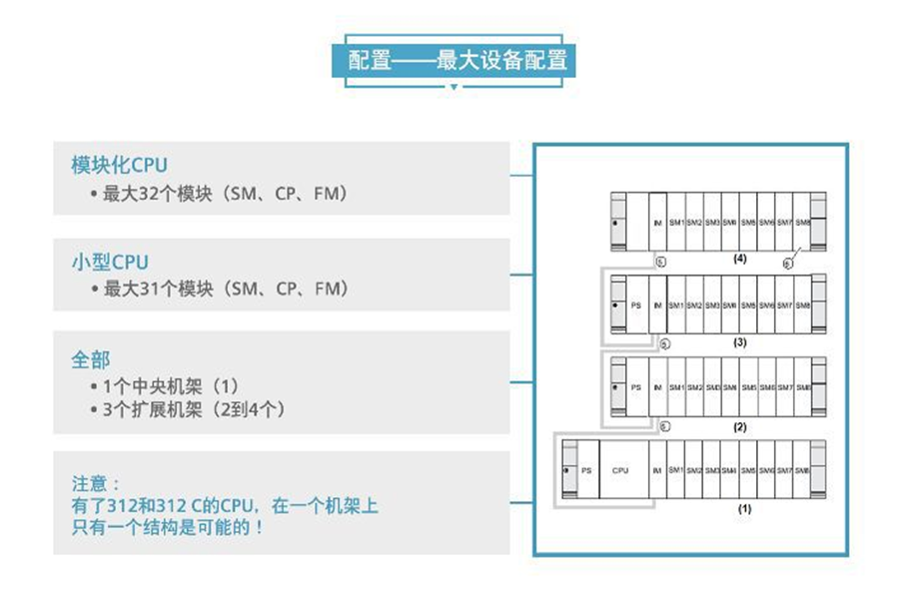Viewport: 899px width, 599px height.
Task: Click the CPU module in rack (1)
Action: pos(620,470)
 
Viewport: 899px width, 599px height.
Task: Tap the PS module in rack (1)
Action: pos(586,470)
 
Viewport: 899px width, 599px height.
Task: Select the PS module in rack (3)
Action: pos(635,303)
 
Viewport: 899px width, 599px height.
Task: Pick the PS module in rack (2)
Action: pos(635,387)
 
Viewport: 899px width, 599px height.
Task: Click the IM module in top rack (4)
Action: pos(656,221)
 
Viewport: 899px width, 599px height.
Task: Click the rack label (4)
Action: pos(739,259)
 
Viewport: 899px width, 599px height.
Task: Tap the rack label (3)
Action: pos(739,341)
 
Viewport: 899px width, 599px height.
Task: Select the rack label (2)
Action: pos(740,426)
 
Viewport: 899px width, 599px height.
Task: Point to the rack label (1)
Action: pos(743,508)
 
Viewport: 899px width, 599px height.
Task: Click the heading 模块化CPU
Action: pos(119,165)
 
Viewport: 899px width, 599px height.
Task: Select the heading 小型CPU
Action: pos(110,262)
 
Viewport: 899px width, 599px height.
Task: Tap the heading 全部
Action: pos(90,358)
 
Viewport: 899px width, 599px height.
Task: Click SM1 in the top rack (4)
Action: pos(675,221)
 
